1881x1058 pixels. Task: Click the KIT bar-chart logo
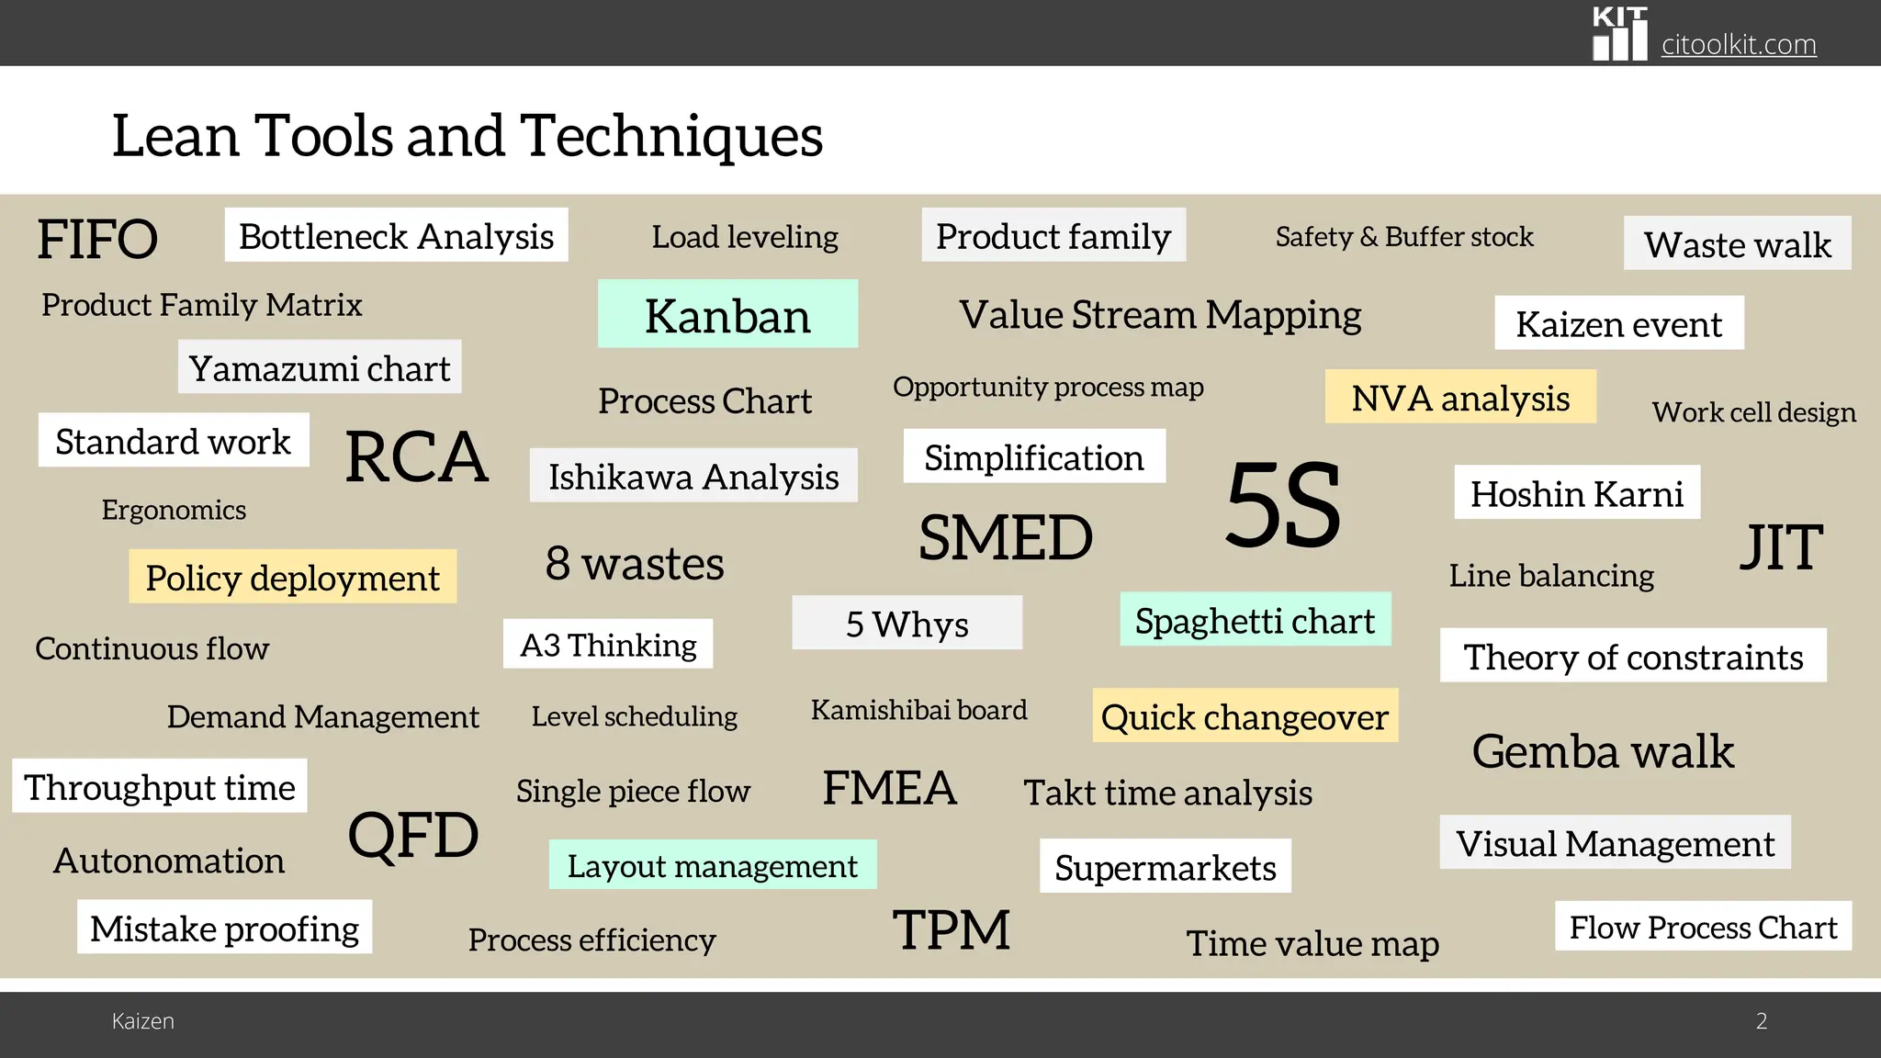click(x=1619, y=35)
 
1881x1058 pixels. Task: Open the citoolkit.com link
click(x=1738, y=44)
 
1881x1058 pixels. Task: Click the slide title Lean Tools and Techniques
click(x=467, y=136)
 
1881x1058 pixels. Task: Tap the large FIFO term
click(x=97, y=239)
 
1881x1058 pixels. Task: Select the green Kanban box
click(x=727, y=314)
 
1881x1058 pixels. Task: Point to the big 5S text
click(x=1283, y=504)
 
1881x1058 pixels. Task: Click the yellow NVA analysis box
click(x=1459, y=398)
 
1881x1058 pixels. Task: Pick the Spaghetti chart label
click(x=1255, y=620)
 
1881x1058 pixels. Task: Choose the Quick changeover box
click(x=1245, y=715)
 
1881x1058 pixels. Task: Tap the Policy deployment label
click(x=292, y=577)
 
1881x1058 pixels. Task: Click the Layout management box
click(x=712, y=864)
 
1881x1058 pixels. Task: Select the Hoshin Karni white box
click(x=1576, y=493)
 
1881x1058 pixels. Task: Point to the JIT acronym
click(x=1780, y=547)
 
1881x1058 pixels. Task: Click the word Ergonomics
click(x=174, y=510)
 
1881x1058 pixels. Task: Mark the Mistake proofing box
click(x=224, y=928)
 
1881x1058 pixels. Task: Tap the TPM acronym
click(x=951, y=929)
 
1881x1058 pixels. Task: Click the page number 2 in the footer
click(x=1761, y=1020)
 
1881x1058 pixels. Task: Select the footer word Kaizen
click(x=142, y=1020)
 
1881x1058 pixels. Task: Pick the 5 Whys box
click(x=907, y=624)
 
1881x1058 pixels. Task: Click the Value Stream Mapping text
click(x=1160, y=315)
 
